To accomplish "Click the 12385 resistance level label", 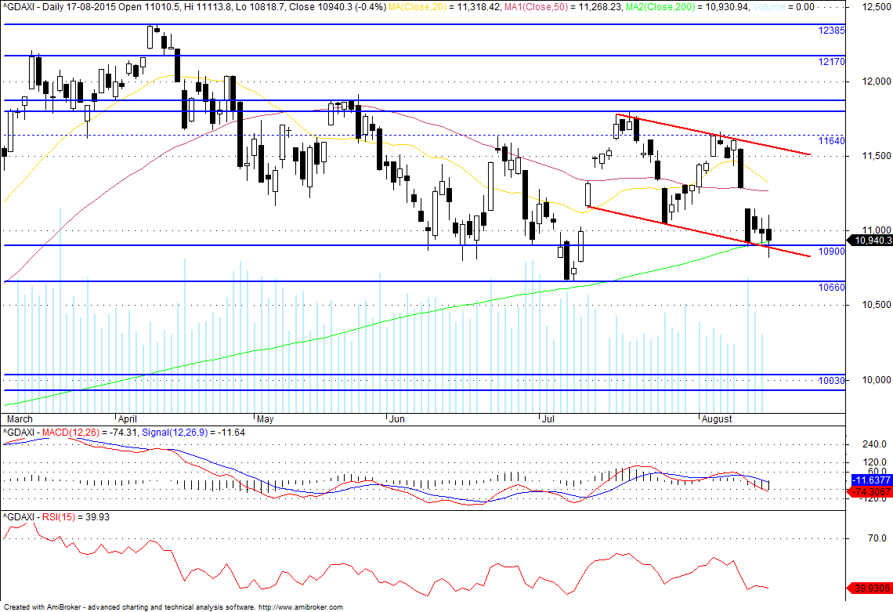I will (x=831, y=31).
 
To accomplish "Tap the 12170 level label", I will (x=831, y=61).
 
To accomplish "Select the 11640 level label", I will (x=831, y=141).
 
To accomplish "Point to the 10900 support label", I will (x=831, y=252).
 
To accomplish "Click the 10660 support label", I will (x=831, y=288).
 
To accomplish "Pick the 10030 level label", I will (x=831, y=381).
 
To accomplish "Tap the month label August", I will (x=716, y=419).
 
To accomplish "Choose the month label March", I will (x=18, y=419).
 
